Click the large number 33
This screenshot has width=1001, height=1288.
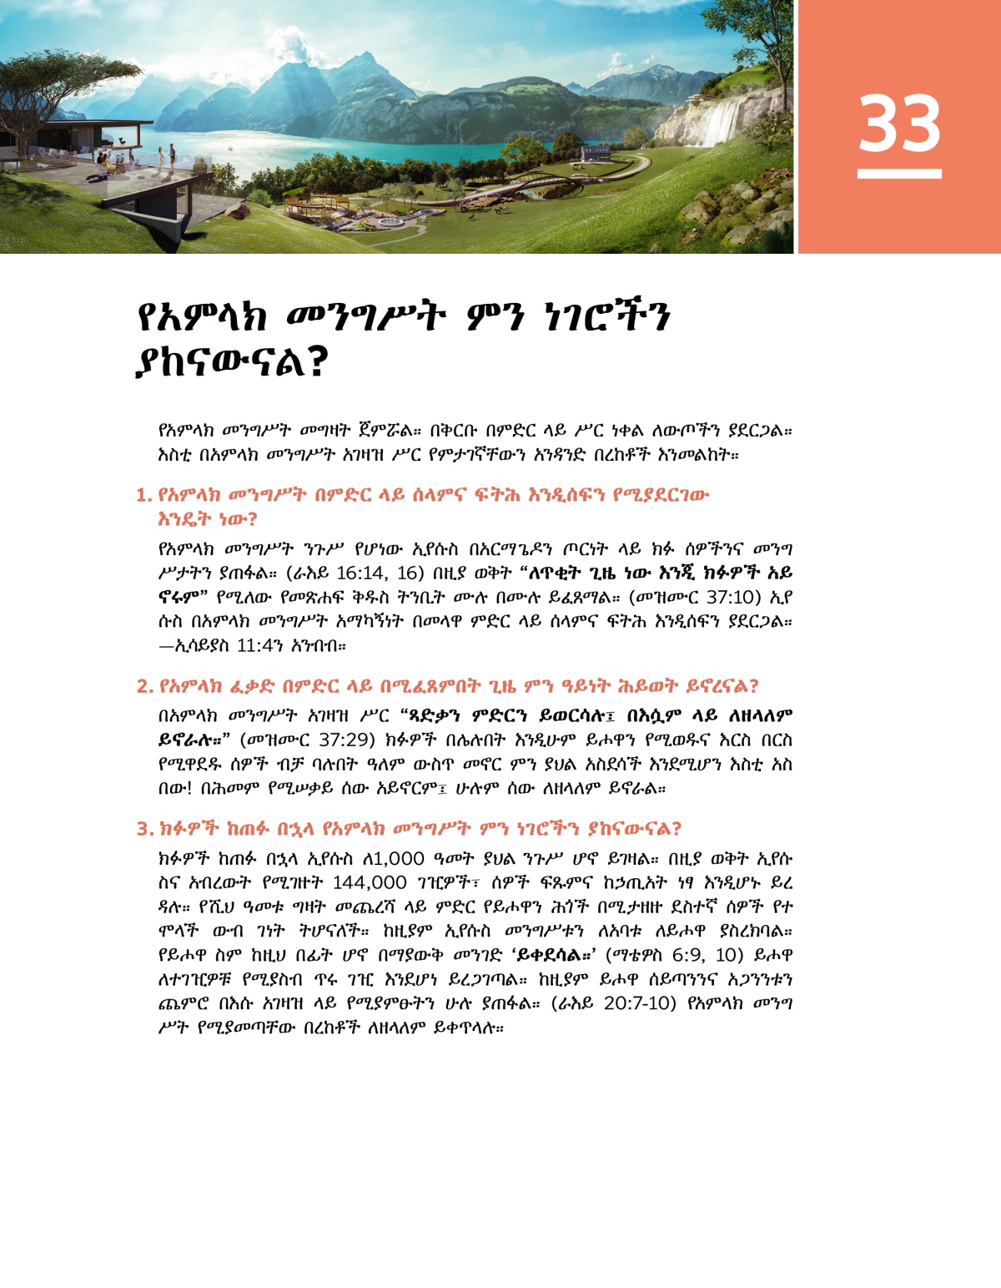tap(899, 124)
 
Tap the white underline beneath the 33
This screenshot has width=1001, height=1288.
tap(899, 174)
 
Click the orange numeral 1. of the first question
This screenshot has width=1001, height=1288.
tap(143, 496)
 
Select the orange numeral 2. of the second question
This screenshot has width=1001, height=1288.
tap(144, 687)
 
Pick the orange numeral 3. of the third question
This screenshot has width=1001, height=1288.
tap(144, 829)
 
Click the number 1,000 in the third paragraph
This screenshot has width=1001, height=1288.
tap(395, 859)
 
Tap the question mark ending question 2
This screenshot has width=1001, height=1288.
tap(752, 687)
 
